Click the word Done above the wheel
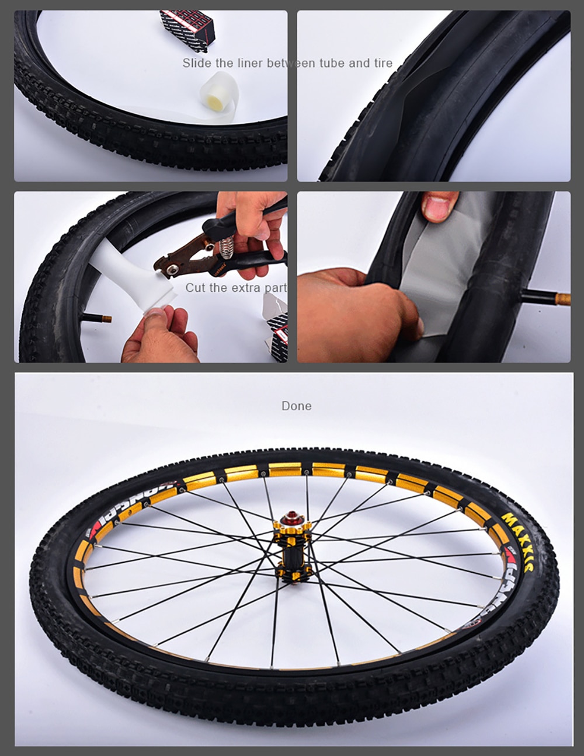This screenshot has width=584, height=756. point(296,406)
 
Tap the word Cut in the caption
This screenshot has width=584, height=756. point(196,288)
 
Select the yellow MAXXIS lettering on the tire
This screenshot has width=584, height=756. point(522,534)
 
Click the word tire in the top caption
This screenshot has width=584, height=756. point(383,63)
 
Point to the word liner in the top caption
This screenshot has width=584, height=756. point(250,63)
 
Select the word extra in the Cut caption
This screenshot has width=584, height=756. point(246,288)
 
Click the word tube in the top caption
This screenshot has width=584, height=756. point(332,63)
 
